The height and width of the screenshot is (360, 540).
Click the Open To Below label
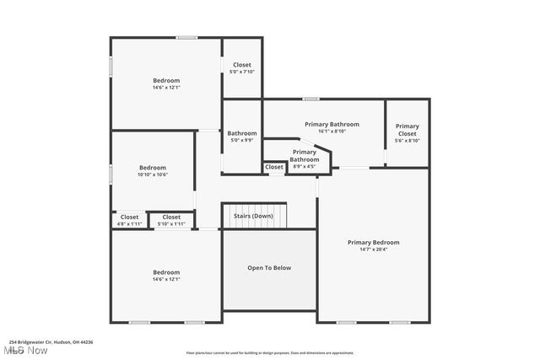[269, 268]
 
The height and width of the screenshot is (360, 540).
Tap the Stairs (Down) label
[253, 216]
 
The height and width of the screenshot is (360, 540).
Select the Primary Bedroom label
[373, 242]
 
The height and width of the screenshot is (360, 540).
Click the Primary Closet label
[408, 130]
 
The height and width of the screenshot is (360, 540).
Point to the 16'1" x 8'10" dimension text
[332, 132]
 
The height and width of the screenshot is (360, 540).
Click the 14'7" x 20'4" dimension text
[373, 250]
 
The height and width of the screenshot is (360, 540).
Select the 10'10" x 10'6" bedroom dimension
[153, 175]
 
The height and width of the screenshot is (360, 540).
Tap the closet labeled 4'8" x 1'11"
[129, 224]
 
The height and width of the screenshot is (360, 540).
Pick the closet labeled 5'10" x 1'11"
[171, 224]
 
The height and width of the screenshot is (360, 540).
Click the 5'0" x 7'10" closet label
[242, 72]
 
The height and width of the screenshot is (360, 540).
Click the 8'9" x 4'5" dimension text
[304, 166]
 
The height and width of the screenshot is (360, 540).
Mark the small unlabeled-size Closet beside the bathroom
[274, 167]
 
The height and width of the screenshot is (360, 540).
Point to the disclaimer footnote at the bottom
[270, 353]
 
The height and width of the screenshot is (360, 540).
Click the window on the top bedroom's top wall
[186, 37]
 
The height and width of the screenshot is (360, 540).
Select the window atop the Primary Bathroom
[311, 99]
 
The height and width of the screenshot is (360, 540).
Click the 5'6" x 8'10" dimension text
[408, 140]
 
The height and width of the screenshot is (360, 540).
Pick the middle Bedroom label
[153, 167]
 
